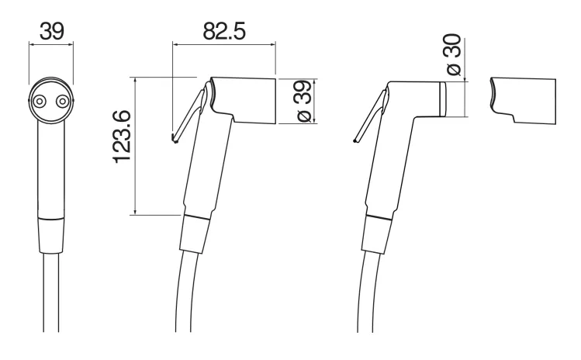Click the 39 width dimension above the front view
[x=51, y=31]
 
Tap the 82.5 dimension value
[x=224, y=31]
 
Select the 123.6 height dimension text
[x=122, y=137]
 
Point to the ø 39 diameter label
[x=304, y=100]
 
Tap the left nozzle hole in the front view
[x=40, y=101]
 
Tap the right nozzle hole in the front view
[x=62, y=101]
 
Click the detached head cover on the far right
[x=523, y=100]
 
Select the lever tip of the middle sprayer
[x=175, y=139]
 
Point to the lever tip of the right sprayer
[x=356, y=140]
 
